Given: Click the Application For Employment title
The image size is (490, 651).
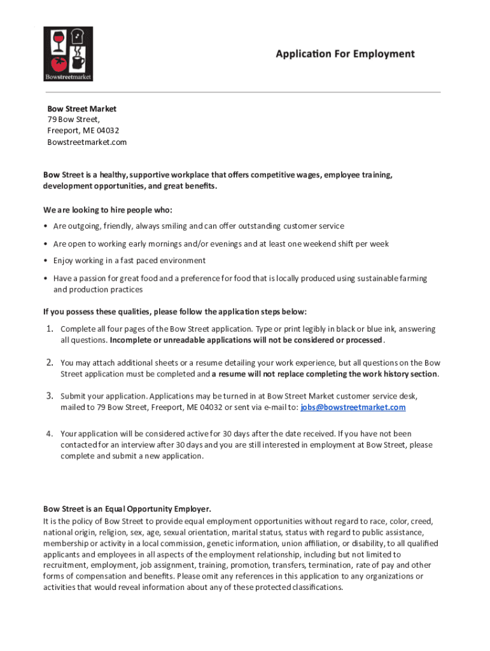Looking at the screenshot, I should pos(345,54).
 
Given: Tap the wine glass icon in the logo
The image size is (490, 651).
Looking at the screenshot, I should pos(56,43).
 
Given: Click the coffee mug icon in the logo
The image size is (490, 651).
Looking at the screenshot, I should pos(78,62).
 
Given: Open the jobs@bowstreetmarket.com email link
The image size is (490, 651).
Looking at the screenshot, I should pos(353,407).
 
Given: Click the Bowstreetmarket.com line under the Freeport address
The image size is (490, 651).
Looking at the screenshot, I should pos(87,142).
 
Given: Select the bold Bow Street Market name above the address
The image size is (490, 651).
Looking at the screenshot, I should pos(81,109).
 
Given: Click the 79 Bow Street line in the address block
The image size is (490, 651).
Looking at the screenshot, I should pos(73,120).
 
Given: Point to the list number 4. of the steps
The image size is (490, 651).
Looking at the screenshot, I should pos(48,434).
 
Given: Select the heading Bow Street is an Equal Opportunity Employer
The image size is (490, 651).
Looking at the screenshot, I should pos(127,509).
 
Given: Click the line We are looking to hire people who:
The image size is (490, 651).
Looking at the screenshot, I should pos(108,209).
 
